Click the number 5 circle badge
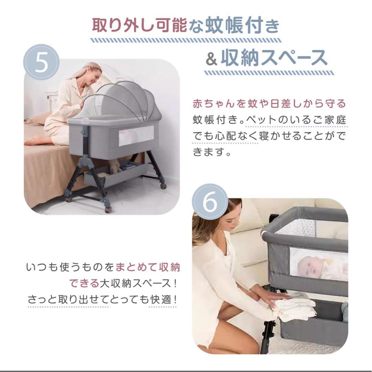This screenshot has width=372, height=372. click(x=41, y=62)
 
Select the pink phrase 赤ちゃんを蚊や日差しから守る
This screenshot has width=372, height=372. click(x=269, y=104)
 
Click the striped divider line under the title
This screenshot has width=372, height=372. click(x=186, y=40)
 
